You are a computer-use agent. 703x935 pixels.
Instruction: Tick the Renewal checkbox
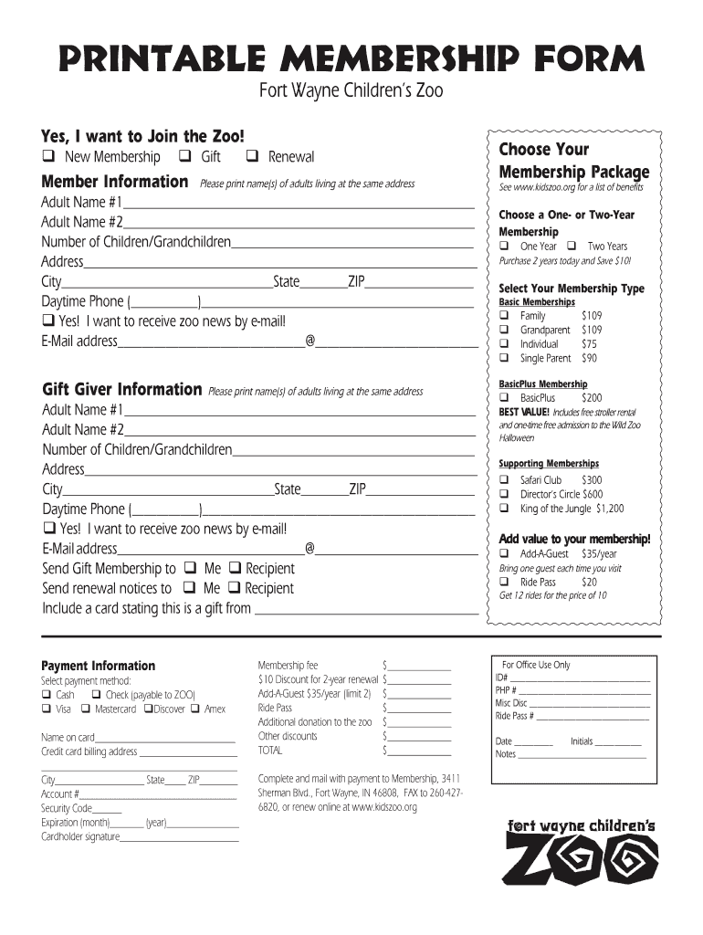pyautogui.click(x=252, y=157)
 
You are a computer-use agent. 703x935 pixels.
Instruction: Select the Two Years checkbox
pyautogui.click(x=572, y=247)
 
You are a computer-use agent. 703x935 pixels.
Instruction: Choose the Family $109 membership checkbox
pyautogui.click(x=503, y=316)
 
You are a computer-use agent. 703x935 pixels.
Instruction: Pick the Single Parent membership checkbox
pyautogui.click(x=503, y=359)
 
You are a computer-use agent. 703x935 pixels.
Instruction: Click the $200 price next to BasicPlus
pyautogui.click(x=592, y=398)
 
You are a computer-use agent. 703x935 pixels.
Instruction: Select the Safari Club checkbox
pyautogui.click(x=503, y=479)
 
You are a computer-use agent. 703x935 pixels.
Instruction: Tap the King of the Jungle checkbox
pyautogui.click(x=503, y=508)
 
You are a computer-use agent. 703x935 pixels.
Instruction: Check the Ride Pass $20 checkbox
pyautogui.click(x=503, y=582)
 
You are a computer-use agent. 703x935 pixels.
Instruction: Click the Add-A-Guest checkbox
pyautogui.click(x=503, y=553)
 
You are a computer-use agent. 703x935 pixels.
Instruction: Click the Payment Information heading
pyautogui.click(x=99, y=666)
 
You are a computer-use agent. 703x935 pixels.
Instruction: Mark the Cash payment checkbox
pyautogui.click(x=47, y=695)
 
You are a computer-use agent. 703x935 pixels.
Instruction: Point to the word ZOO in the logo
pyautogui.click(x=582, y=862)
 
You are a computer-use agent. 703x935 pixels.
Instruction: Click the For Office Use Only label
pyautogui.click(x=536, y=665)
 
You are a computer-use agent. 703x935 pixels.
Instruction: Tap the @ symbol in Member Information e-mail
pyautogui.click(x=310, y=341)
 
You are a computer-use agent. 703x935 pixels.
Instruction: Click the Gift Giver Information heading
pyautogui.click(x=122, y=390)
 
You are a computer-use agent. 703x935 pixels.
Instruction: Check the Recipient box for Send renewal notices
pyautogui.click(x=235, y=588)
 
